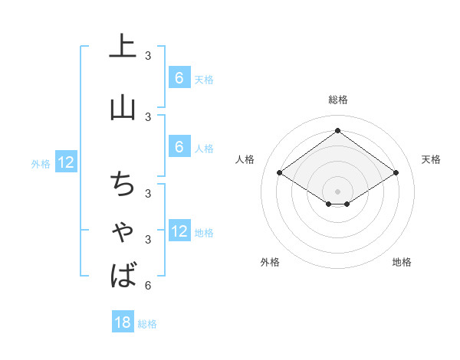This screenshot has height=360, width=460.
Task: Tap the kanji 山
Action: point(123,107)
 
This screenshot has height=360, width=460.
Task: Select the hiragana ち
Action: point(123,185)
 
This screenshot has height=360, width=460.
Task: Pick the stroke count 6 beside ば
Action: point(148,286)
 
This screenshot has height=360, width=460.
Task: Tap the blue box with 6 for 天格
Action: point(179,78)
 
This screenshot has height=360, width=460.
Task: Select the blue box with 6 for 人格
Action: point(179,147)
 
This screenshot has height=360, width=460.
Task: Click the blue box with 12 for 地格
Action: point(179,231)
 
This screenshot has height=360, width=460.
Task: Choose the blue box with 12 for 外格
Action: point(66,162)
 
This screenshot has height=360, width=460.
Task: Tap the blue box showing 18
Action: point(123,322)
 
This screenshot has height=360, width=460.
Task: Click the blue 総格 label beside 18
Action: point(147,324)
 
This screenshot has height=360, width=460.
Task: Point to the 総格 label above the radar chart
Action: point(338,100)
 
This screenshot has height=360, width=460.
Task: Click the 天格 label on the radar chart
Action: point(432,159)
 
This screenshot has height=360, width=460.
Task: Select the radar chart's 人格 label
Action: point(245,159)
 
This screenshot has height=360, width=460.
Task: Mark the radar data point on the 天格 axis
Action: point(396,173)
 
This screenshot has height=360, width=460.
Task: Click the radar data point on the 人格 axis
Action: point(280,173)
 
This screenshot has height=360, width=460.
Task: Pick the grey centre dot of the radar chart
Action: point(338,191)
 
